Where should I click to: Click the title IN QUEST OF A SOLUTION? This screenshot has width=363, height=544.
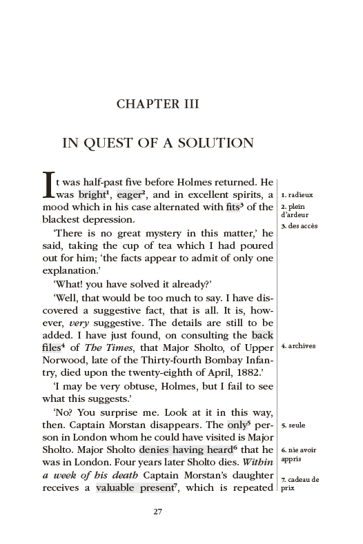point(158,143)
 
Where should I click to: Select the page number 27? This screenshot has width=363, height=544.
point(158,512)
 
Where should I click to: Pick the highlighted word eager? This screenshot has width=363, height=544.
point(128,195)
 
